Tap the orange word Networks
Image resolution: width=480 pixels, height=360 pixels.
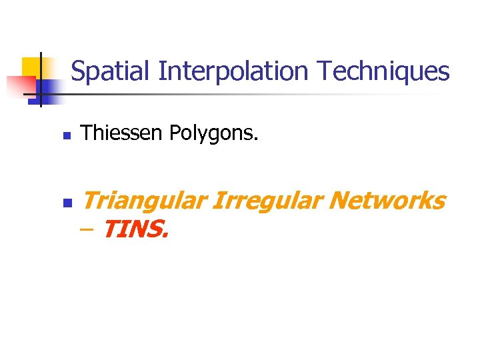coord(386,199)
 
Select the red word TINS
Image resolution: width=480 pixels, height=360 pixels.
coord(136,230)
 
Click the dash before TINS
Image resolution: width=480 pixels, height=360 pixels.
coord(87,230)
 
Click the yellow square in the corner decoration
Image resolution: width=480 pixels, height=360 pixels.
coord(31,67)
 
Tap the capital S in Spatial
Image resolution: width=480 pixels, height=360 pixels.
coord(78,71)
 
